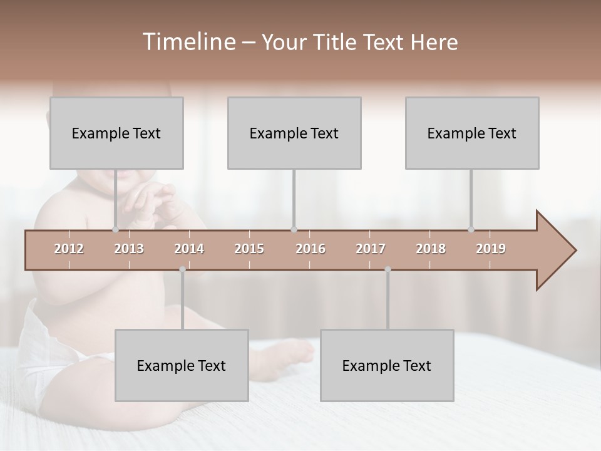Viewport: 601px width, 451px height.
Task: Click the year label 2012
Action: click(69, 249)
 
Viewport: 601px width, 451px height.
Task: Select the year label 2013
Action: click(129, 249)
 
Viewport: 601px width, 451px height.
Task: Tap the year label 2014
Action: click(189, 249)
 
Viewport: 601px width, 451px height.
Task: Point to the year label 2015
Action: click(249, 249)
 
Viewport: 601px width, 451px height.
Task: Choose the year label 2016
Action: click(311, 249)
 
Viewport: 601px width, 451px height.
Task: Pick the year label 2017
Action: click(371, 249)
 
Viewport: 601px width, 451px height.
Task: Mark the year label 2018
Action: click(431, 249)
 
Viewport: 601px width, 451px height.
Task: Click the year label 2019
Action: click(491, 249)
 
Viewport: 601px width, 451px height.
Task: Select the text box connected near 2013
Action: click(116, 133)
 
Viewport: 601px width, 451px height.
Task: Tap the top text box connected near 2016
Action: click(294, 133)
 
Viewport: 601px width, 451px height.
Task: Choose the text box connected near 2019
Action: click(472, 133)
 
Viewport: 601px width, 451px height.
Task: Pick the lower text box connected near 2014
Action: click(182, 365)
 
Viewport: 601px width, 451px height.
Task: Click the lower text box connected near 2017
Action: click(387, 365)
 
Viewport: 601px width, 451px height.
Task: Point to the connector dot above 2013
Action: click(115, 229)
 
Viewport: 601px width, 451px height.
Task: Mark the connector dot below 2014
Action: click(182, 269)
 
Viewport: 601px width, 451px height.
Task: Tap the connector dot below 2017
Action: click(388, 269)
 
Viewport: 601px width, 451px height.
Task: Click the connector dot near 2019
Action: click(471, 229)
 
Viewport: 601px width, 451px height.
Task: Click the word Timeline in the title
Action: click(188, 42)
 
